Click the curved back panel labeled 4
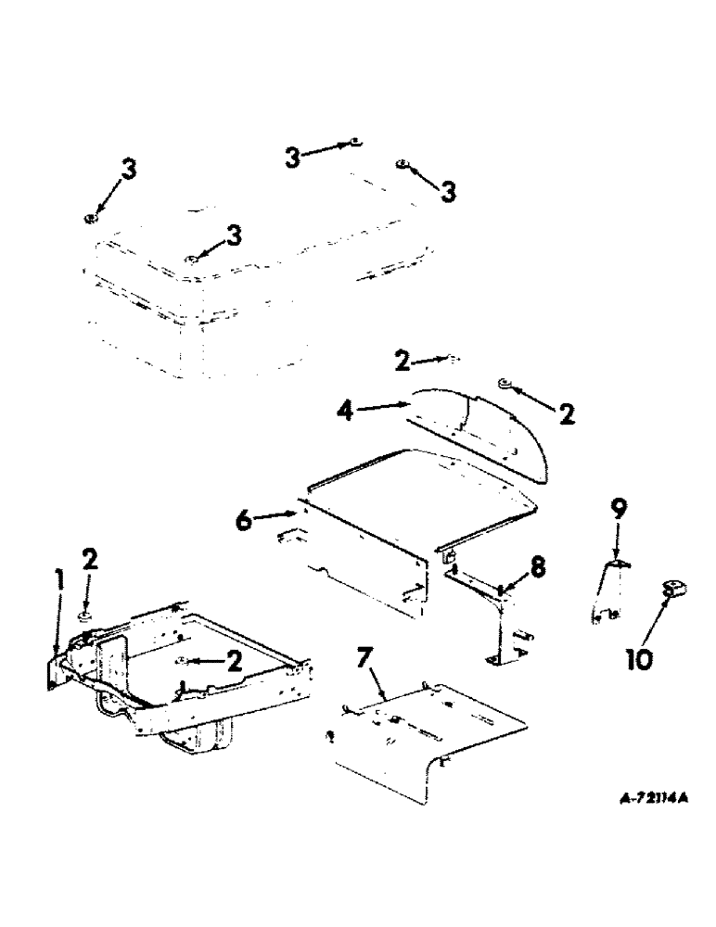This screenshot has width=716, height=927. tap(482, 426)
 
